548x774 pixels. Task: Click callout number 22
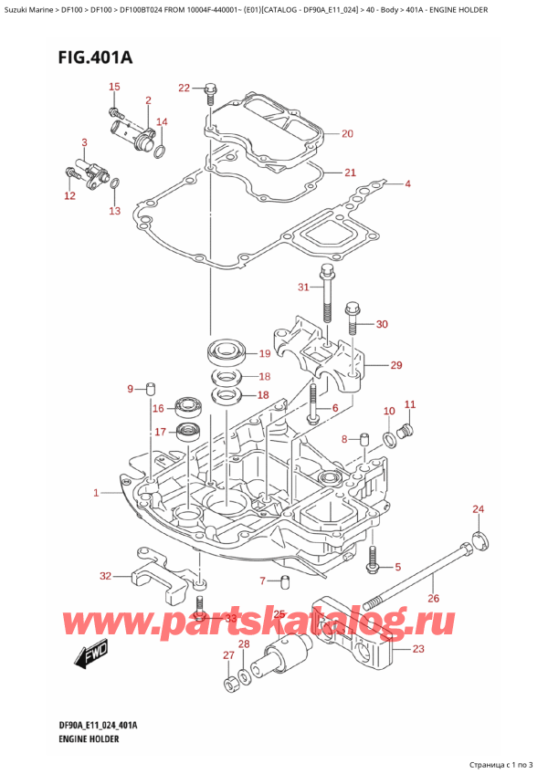(184, 88)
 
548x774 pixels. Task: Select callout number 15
(114, 87)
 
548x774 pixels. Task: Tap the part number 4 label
(408, 184)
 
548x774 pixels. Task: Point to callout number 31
(303, 288)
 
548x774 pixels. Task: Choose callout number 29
(395, 366)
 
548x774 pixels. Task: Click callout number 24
(478, 508)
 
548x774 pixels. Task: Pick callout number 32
(105, 576)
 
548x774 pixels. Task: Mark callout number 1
(96, 494)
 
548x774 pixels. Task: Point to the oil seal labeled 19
(225, 350)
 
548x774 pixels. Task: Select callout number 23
(419, 650)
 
